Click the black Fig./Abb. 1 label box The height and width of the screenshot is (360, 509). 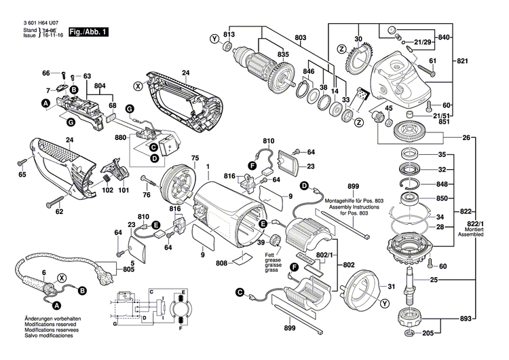(88, 32)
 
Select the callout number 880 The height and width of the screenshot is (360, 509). (121, 137)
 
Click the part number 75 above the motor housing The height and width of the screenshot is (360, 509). (194, 158)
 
